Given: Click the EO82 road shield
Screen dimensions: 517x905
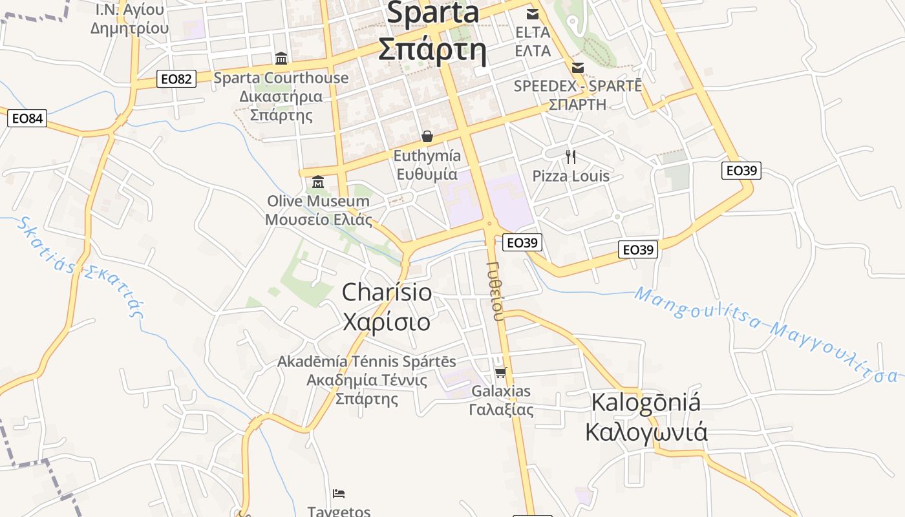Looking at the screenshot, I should tap(176, 79).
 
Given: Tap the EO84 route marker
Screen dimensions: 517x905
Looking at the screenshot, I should tap(28, 118).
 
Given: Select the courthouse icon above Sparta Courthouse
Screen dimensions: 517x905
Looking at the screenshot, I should tap(281, 59).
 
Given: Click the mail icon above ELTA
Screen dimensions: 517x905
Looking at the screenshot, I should tap(533, 14).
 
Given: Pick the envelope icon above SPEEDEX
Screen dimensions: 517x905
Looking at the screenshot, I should tap(578, 67).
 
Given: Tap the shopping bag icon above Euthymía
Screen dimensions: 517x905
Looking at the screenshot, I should tap(427, 136).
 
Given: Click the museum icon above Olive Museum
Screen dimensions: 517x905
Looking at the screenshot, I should tap(317, 182).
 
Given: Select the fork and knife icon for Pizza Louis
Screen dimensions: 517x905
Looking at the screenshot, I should tap(570, 156).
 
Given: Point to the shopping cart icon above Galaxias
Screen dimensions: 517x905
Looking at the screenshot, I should tap(500, 372).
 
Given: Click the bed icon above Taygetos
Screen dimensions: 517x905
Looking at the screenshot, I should tap(339, 494).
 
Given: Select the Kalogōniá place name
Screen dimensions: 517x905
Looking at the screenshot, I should tap(646, 417).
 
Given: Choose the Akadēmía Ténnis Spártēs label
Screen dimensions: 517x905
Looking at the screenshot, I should tap(367, 379).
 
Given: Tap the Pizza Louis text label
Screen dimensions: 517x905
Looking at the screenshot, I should tap(571, 176).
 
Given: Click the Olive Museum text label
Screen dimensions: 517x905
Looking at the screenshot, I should tap(319, 210).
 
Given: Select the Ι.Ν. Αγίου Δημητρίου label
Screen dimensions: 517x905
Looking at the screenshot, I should tap(130, 19).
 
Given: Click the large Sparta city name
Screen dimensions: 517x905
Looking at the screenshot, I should tap(432, 31).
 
